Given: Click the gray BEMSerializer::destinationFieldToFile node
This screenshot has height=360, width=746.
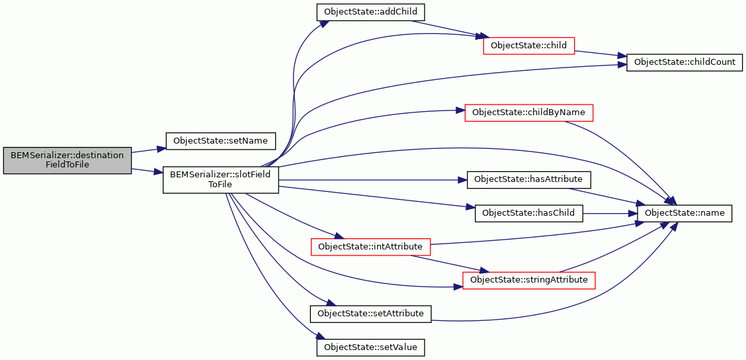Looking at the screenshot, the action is [x=67, y=160].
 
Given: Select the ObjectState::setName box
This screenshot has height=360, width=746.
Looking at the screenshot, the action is [x=221, y=141].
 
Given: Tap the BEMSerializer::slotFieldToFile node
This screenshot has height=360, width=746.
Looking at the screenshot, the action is [x=221, y=179].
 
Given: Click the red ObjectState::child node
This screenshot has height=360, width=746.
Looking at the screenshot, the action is [x=528, y=45].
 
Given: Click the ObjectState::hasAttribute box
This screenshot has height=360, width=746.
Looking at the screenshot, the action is [x=528, y=179].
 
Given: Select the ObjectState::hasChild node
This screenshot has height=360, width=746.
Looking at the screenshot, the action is [x=528, y=213].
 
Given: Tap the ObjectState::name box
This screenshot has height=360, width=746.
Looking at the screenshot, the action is [x=684, y=213].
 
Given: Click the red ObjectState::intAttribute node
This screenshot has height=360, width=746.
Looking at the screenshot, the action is [x=370, y=247].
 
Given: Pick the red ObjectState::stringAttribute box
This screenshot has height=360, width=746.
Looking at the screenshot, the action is [x=528, y=279].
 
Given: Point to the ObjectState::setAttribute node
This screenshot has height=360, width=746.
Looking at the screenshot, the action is [x=370, y=313].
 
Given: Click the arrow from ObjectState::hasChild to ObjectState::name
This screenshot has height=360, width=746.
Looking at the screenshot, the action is [x=610, y=213].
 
